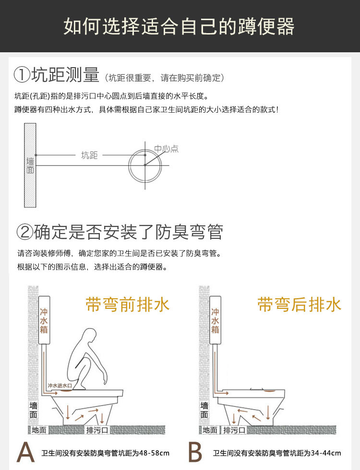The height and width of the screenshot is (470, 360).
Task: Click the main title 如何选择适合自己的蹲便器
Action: coord(179,26)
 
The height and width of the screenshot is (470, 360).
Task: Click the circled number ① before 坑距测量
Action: coord(22,75)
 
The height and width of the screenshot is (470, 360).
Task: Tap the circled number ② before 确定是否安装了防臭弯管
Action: coord(24,232)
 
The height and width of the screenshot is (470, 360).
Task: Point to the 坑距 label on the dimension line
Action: coord(89,155)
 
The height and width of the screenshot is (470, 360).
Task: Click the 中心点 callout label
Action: coord(166,149)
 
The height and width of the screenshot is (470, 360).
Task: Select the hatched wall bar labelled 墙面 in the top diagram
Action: coord(30,165)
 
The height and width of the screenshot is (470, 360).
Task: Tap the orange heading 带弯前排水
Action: coord(128,305)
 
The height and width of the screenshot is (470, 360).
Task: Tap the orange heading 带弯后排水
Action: coord(299,305)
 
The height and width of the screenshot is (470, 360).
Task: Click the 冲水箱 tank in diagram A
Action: coord(44,320)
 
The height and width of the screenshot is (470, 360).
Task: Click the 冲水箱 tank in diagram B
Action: coord(215,320)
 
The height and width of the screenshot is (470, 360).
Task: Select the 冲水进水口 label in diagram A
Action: coord(60,385)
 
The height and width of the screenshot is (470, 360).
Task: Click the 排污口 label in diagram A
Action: coord(97,430)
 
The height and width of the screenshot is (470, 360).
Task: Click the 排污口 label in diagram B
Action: coord(234,430)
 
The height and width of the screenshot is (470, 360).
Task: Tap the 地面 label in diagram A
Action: coord(39,430)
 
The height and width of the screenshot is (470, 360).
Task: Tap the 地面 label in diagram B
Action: coord(210,430)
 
